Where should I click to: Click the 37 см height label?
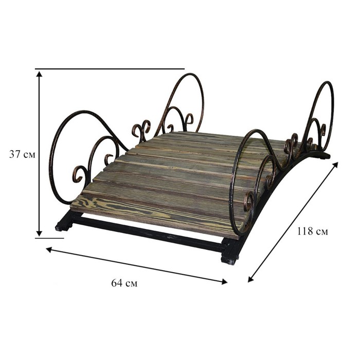(x=22, y=154)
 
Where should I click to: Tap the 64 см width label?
(x=124, y=283)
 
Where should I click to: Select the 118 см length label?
(x=313, y=231)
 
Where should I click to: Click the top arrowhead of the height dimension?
(x=39, y=74)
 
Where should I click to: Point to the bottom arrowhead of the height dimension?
(x=39, y=233)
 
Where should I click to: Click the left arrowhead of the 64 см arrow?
(x=49, y=249)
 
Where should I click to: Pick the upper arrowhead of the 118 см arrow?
(x=335, y=165)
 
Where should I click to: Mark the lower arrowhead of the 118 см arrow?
(x=250, y=279)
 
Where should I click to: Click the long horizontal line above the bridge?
(x=110, y=68)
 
